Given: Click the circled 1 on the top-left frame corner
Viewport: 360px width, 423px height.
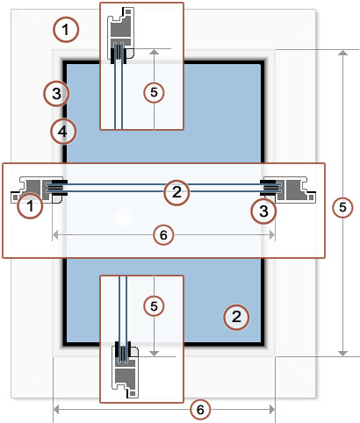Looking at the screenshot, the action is pos(66,30).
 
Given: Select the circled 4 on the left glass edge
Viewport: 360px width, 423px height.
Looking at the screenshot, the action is pos(63,132).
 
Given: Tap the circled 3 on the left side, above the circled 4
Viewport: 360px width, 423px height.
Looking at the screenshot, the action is pos(56,94).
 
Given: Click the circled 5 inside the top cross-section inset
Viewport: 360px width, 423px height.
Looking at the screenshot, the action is pos(154,92).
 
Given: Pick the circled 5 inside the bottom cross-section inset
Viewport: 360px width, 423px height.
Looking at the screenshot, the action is pos(154,306).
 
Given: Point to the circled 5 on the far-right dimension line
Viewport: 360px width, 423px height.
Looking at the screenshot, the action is pos(342,207).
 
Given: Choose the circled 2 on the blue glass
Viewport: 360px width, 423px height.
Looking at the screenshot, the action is pos(236,317).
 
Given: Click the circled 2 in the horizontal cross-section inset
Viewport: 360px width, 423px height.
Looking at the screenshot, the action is pos(176,192).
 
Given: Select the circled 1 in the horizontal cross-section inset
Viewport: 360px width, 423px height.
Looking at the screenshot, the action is pos(30,205).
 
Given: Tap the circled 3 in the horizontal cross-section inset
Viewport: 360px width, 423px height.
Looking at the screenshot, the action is pos(263,211).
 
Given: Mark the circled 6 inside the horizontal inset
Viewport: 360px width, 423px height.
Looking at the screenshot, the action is pos(163,235).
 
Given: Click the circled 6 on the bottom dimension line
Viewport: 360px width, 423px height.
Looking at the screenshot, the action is pos(200,410).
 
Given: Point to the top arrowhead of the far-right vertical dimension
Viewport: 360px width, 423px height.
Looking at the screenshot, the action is pos(342,52).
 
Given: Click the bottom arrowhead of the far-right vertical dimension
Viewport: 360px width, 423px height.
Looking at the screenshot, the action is pos(342,354).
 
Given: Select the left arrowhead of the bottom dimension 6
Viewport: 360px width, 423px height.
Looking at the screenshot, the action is pos(55,410).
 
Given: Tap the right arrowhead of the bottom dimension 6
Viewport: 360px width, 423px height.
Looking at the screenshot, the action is pos(272,410).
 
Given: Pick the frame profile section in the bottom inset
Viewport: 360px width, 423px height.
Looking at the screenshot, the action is pos(126,371).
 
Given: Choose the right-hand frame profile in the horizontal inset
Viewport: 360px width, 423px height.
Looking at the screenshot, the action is pos(290,190).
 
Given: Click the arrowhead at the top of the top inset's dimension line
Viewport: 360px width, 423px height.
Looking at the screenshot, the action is pos(154,52).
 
